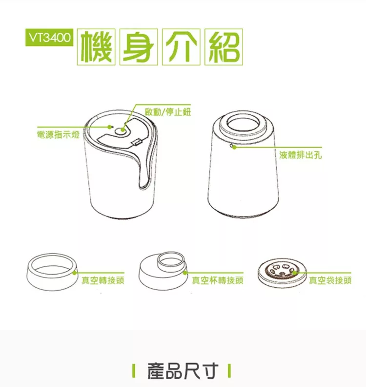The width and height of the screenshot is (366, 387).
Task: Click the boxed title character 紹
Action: click(223, 47)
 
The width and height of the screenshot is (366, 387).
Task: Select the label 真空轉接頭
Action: click(102, 280)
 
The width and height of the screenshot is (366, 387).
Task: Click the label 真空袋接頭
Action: click(331, 280)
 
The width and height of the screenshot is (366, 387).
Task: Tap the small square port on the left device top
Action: click(137, 143)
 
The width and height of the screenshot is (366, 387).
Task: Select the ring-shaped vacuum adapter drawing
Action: click(52, 271)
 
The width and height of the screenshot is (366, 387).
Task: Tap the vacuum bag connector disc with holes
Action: click(282, 271)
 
